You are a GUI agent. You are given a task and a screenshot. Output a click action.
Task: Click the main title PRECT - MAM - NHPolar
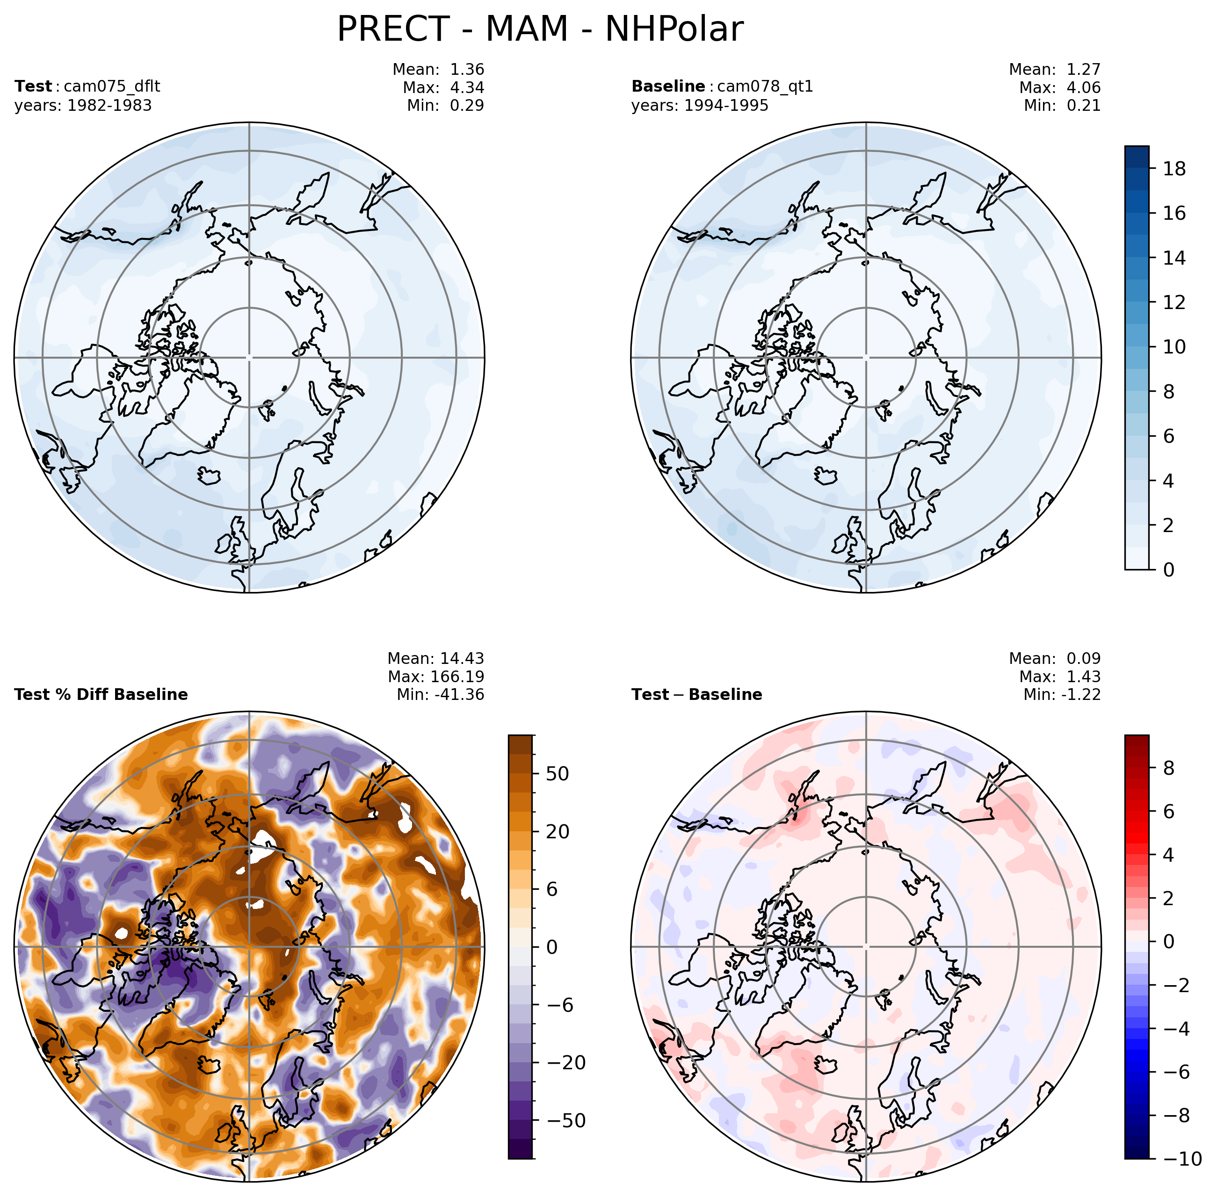point(540,29)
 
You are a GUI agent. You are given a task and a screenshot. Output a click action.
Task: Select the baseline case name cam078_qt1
point(765,86)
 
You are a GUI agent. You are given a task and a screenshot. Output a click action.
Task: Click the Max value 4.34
point(467,87)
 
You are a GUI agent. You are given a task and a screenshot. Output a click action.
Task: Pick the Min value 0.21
point(1084,106)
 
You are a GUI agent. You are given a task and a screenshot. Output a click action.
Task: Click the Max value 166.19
point(457,677)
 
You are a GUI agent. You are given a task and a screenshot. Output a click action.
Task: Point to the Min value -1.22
point(1081,695)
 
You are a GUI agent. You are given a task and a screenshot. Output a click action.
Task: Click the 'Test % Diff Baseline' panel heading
point(101,695)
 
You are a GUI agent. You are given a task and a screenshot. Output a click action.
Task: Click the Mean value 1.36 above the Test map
point(467,69)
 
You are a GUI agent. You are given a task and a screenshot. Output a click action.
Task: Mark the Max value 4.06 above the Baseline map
point(1084,87)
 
